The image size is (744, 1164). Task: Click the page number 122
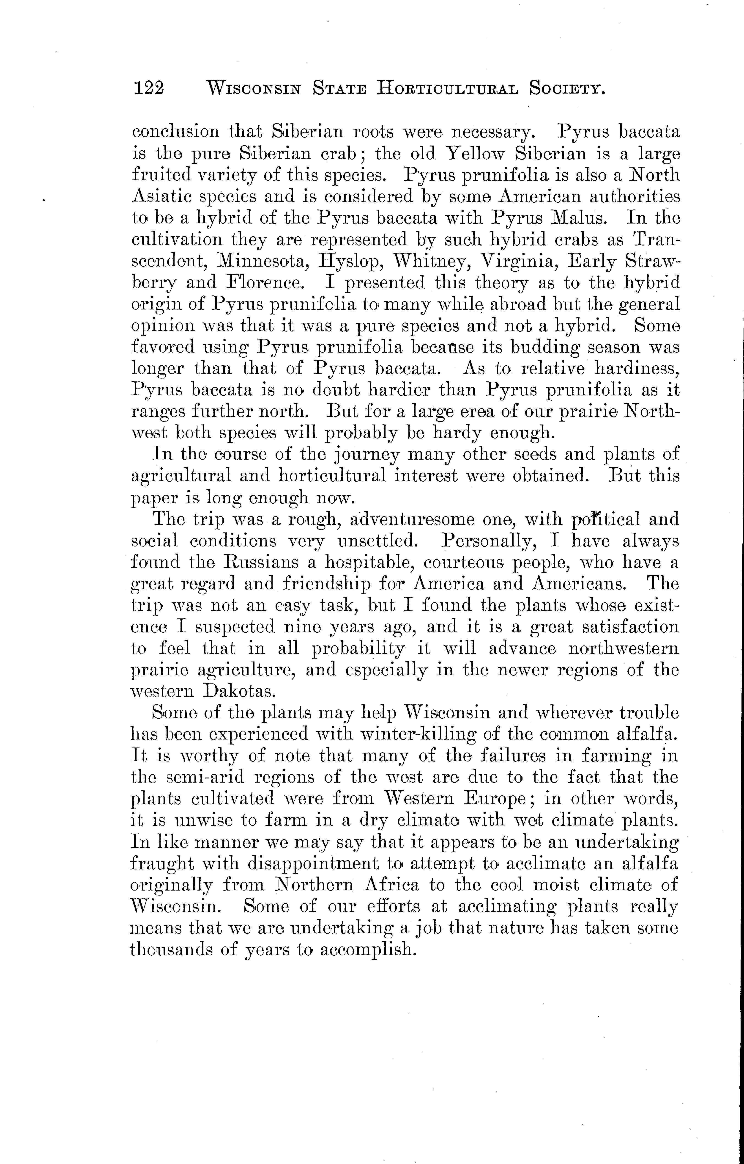click(x=149, y=88)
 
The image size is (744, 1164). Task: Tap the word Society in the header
click(x=568, y=88)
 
